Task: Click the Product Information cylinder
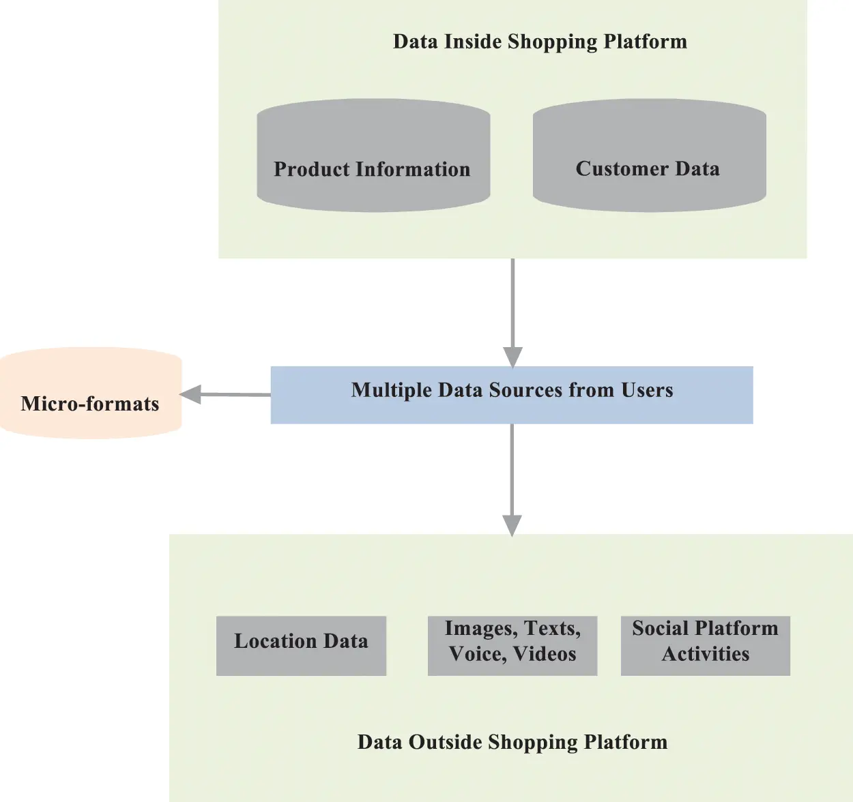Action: point(373,155)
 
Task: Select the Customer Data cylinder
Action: point(649,155)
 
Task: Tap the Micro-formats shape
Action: point(91,393)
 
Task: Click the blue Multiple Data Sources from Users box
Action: point(512,395)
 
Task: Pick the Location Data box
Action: point(301,645)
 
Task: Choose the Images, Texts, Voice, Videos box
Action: point(512,645)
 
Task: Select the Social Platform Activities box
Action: point(705,645)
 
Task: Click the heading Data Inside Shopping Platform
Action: point(540,42)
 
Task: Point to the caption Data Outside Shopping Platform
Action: point(512,742)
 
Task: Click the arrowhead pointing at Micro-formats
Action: point(190,394)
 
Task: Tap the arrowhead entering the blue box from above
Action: point(512,357)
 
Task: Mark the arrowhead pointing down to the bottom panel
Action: point(512,524)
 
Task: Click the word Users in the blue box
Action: point(647,390)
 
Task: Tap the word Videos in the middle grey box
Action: point(545,654)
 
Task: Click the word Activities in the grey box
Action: point(706,654)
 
